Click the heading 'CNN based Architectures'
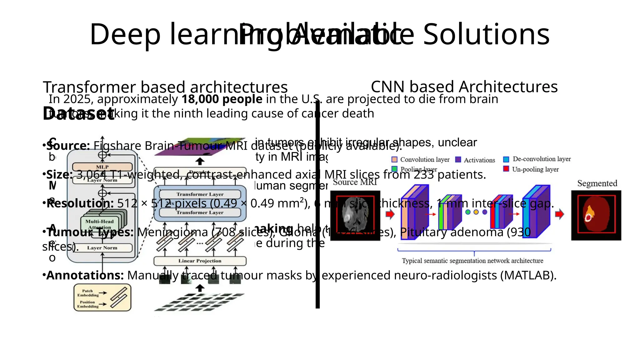(x=464, y=87)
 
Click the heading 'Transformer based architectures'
(x=165, y=87)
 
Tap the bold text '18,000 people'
(x=222, y=99)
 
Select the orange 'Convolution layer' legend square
(x=394, y=160)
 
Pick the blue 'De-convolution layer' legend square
(x=506, y=159)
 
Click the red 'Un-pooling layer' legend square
(x=506, y=169)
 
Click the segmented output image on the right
(x=596, y=215)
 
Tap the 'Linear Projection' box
(x=200, y=261)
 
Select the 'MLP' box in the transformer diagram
(x=102, y=167)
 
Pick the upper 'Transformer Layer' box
(x=200, y=194)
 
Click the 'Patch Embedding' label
(x=87, y=293)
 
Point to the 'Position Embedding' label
(x=87, y=304)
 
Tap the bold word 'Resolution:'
(x=80, y=204)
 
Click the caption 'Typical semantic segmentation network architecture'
(x=472, y=261)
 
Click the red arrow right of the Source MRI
(x=390, y=214)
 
